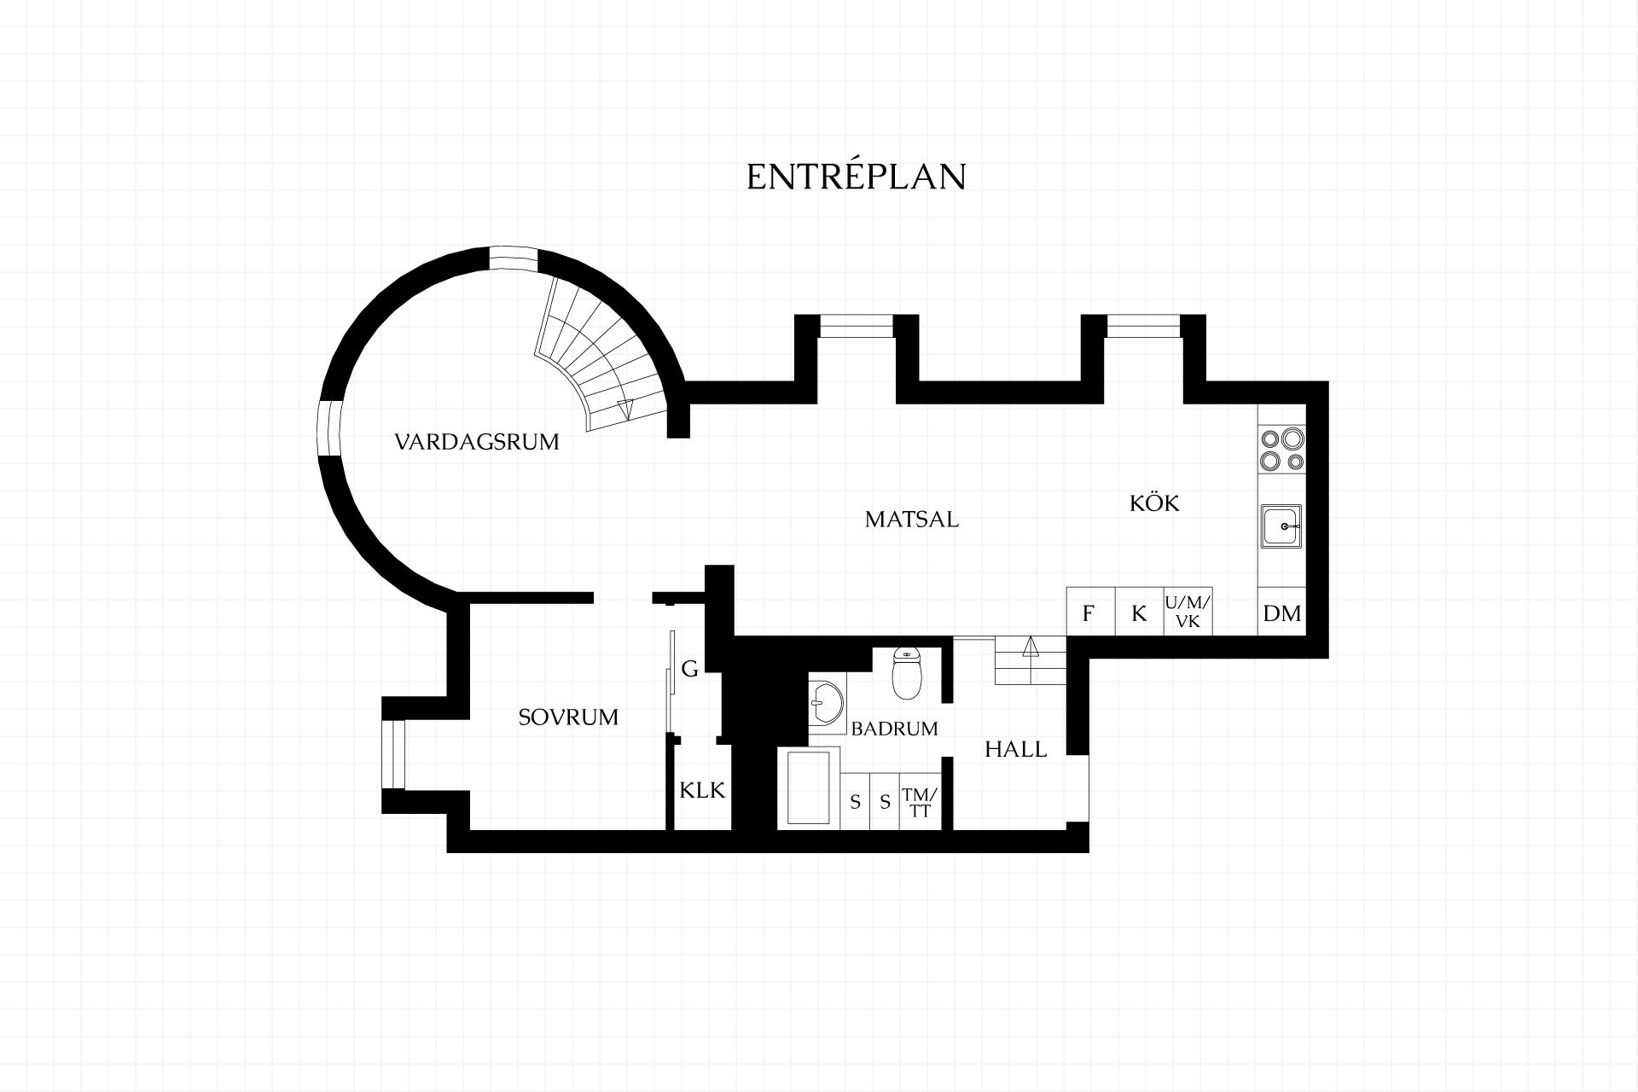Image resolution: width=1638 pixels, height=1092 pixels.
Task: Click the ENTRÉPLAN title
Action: click(x=856, y=176)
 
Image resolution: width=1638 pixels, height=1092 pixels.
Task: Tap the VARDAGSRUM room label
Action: click(x=477, y=442)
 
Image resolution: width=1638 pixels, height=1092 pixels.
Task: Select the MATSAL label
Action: click(x=912, y=519)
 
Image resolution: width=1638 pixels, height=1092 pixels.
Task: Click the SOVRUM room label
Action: click(x=568, y=717)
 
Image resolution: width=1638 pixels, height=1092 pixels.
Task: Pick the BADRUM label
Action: click(x=895, y=729)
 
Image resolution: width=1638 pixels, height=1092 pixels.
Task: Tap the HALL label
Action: click(x=1016, y=749)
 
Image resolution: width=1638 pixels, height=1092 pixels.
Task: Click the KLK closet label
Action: click(x=702, y=790)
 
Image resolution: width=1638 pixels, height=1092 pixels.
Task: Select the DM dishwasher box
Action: click(x=1281, y=612)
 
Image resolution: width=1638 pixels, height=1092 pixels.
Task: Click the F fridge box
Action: click(x=1091, y=612)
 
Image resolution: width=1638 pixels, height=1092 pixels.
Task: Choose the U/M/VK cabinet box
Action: click(x=1188, y=612)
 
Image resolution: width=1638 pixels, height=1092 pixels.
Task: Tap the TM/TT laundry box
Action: click(x=920, y=800)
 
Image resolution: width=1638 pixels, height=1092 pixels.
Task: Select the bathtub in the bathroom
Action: click(x=808, y=788)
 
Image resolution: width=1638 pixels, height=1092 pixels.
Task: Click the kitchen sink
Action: click(x=1281, y=526)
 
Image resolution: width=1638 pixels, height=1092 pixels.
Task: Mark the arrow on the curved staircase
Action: click(x=625, y=409)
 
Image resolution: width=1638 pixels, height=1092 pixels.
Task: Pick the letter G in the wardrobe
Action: click(x=690, y=669)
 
